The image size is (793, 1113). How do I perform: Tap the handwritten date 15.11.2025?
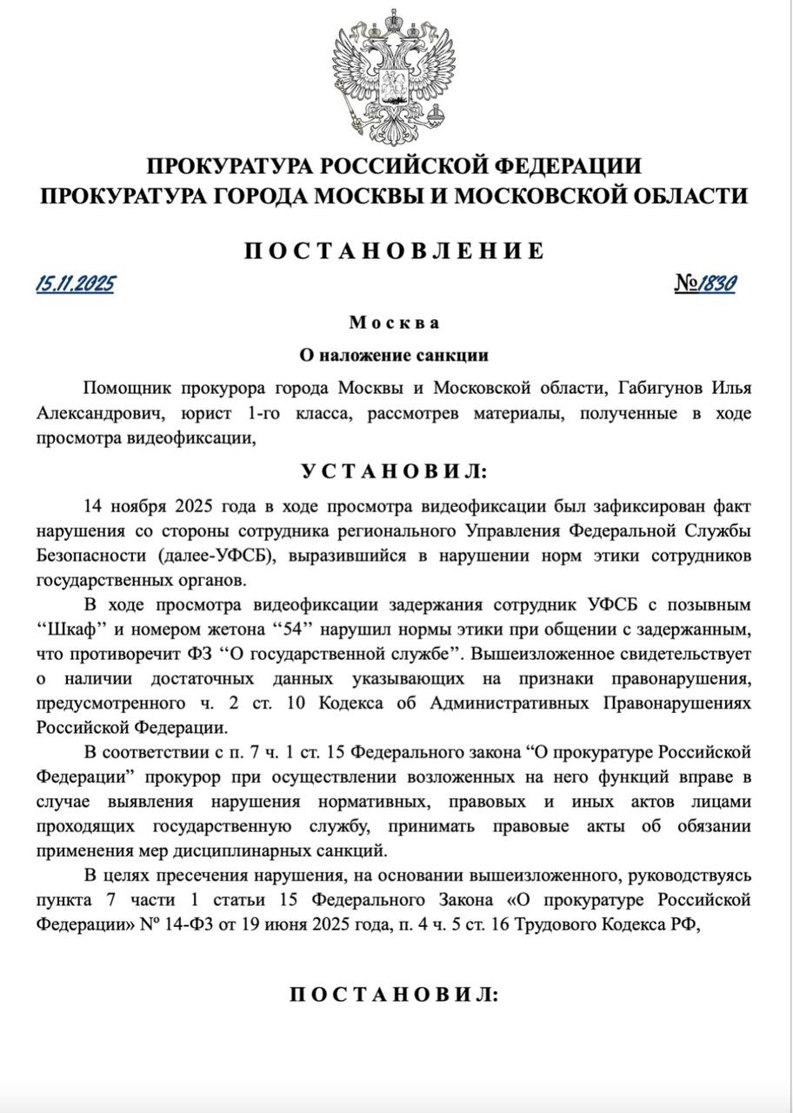(75, 283)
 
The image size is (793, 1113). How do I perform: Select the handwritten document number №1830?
(705, 283)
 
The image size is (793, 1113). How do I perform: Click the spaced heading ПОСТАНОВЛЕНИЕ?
(395, 250)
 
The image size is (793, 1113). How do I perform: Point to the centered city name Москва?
(395, 323)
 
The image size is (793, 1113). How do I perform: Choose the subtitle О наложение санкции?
(395, 355)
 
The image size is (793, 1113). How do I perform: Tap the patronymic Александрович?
(95, 413)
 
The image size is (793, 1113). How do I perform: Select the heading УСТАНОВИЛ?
(395, 471)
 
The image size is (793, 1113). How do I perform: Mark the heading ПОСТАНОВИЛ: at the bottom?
(395, 995)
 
